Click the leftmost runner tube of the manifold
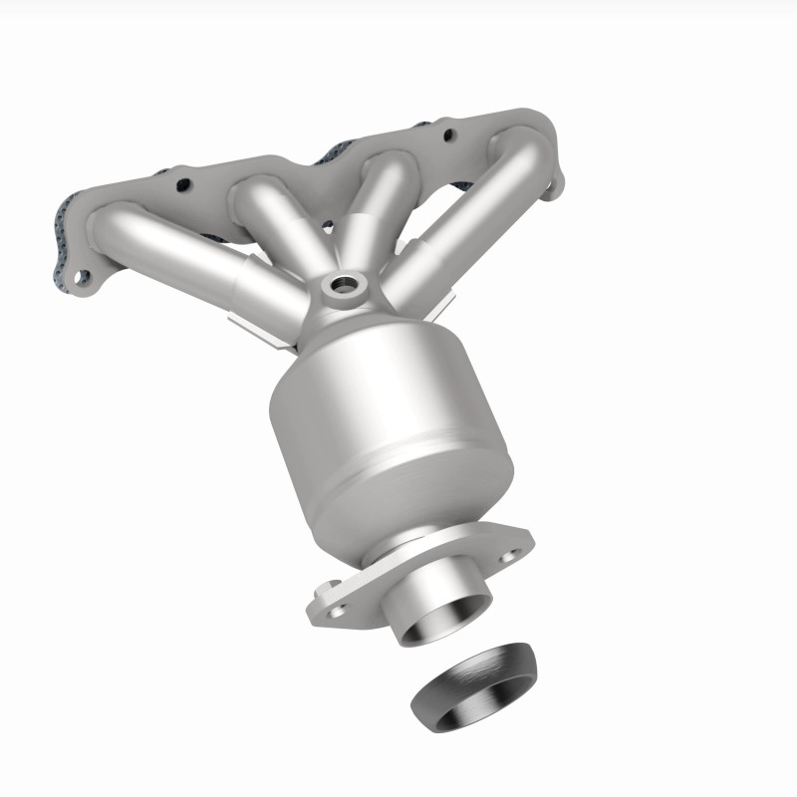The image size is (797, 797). [x=169, y=239]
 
